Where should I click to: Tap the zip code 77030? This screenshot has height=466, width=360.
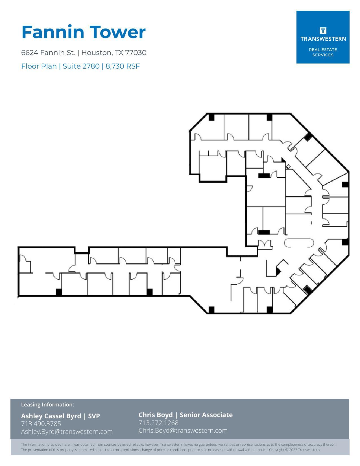click(x=136, y=53)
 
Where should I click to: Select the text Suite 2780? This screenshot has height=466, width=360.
click(x=81, y=66)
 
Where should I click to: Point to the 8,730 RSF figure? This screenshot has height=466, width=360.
click(x=123, y=66)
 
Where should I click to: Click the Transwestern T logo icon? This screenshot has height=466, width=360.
click(x=323, y=30)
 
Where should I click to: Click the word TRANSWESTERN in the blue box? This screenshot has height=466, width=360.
click(x=323, y=39)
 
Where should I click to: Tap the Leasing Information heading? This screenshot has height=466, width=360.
click(x=47, y=404)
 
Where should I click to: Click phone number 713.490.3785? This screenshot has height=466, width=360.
click(x=41, y=424)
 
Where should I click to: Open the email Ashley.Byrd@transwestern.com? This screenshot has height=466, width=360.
click(x=67, y=432)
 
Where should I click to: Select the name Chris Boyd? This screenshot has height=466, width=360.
click(x=156, y=415)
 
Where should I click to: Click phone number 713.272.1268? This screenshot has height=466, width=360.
click(x=158, y=423)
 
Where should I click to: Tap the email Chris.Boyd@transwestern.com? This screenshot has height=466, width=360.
click(x=183, y=430)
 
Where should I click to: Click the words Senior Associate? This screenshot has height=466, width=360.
click(x=206, y=415)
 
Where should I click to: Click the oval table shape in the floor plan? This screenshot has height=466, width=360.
click(x=299, y=243)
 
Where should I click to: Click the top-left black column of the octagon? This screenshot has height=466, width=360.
click(x=211, y=117)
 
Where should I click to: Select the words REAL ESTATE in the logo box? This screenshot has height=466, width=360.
click(x=323, y=50)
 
